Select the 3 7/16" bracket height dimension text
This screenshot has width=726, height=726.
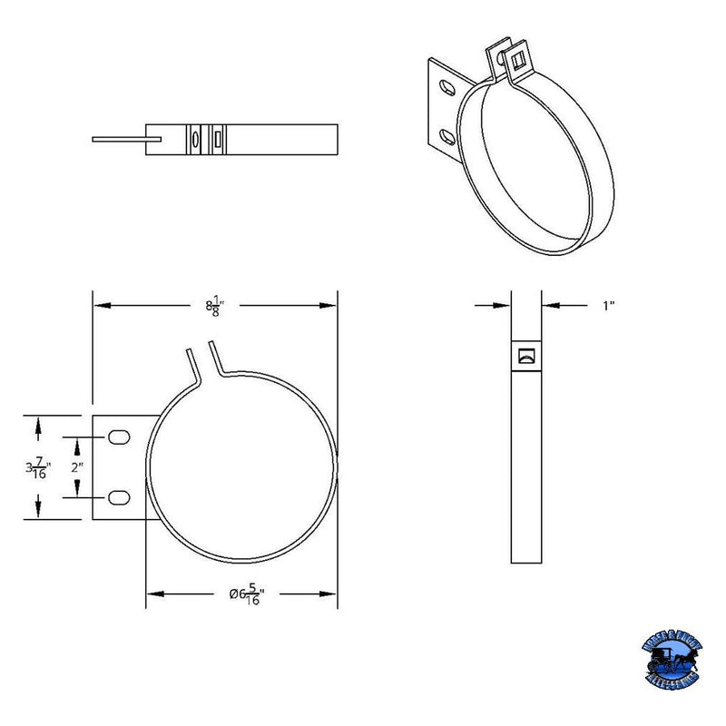click(37, 468)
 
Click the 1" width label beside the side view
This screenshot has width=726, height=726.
click(609, 307)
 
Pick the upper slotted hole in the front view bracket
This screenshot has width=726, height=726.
click(118, 438)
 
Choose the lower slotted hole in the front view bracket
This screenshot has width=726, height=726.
click(118, 496)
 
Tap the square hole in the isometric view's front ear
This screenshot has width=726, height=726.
click(518, 60)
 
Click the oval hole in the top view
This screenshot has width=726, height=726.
click(194, 139)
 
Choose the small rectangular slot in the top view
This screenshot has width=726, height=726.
click(219, 139)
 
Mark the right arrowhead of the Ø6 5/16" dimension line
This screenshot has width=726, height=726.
click(330, 594)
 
